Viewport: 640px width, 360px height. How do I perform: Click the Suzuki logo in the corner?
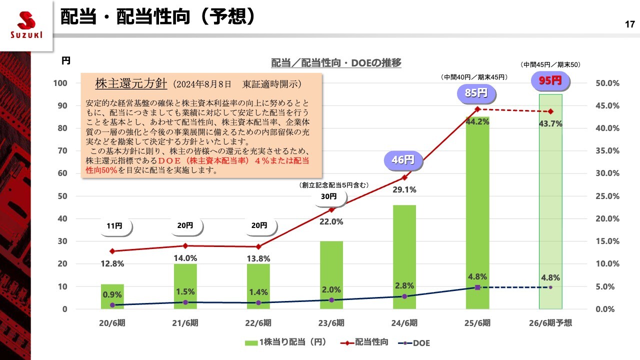(x=26, y=25)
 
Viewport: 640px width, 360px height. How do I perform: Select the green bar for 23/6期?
(x=331, y=275)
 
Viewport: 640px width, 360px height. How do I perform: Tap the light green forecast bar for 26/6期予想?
(x=550, y=200)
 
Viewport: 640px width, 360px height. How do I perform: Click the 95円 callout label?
(x=550, y=80)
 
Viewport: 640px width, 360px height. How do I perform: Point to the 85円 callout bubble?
(x=476, y=93)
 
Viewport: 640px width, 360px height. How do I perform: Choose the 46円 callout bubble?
(x=403, y=160)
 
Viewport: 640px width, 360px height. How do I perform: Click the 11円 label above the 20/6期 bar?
(x=114, y=226)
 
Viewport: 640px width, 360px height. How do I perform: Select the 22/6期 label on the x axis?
(x=258, y=323)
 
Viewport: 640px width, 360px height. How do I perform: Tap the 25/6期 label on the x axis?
(x=477, y=323)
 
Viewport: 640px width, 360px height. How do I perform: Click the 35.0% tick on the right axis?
(x=608, y=150)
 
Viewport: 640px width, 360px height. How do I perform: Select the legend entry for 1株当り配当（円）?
(x=286, y=342)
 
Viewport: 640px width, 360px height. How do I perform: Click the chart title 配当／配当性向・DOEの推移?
(x=336, y=63)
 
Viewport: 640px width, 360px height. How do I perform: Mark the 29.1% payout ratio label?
(x=404, y=190)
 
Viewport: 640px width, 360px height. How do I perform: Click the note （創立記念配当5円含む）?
(x=333, y=185)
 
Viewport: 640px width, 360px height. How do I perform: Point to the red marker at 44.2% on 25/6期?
(x=477, y=109)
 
